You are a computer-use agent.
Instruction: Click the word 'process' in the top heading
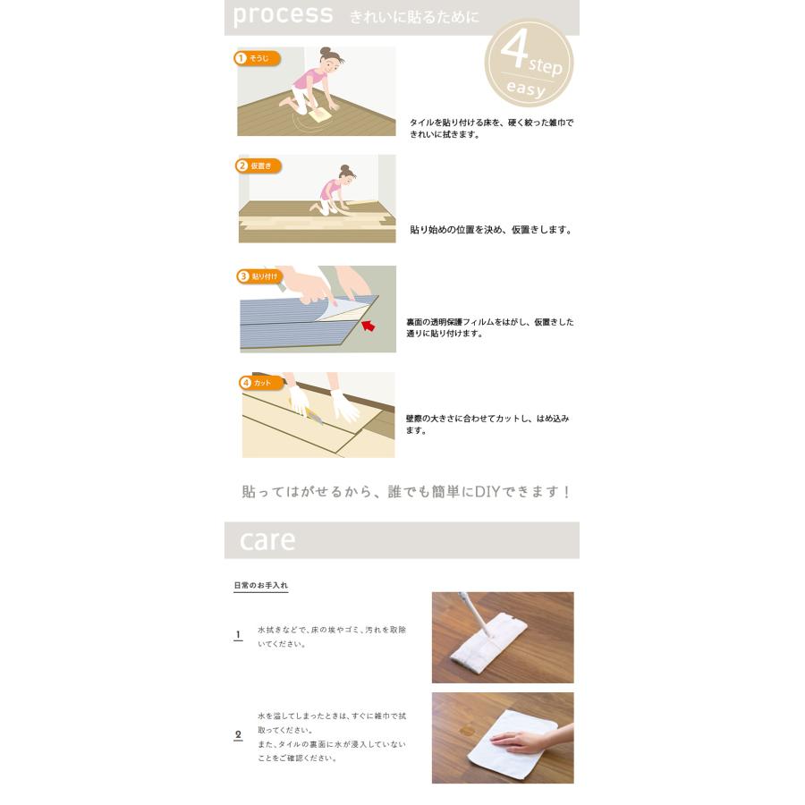click(283, 15)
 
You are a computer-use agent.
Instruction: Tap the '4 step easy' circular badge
click(528, 64)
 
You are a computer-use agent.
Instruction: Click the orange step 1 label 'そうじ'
click(258, 58)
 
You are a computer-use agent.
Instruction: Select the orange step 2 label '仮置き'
click(258, 165)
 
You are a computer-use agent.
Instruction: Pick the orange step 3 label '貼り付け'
click(259, 276)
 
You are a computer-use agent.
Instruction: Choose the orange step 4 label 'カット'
click(257, 383)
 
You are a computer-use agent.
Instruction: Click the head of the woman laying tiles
click(346, 174)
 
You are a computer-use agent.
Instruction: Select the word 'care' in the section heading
click(267, 540)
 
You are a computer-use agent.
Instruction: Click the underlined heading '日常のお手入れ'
click(261, 586)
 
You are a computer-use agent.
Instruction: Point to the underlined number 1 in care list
click(238, 635)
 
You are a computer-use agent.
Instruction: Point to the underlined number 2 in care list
click(238, 735)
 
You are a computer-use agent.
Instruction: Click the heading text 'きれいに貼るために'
click(414, 17)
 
